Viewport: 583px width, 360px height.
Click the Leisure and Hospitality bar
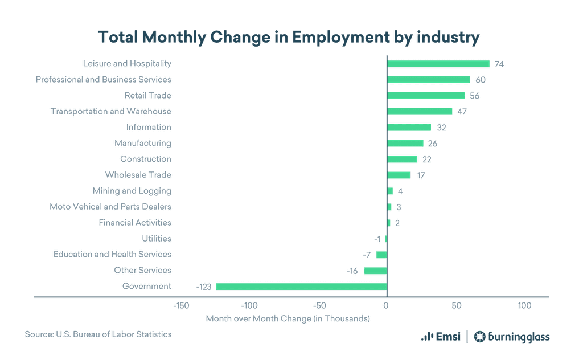pyautogui.click(x=438, y=64)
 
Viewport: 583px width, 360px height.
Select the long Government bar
pyautogui.click(x=301, y=287)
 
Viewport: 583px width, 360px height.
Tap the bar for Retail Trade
pyautogui.click(x=426, y=96)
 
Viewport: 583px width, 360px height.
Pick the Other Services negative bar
pyautogui.click(x=375, y=271)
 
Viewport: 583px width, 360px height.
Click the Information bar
pyautogui.click(x=409, y=128)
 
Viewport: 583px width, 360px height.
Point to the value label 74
pyautogui.click(x=499, y=64)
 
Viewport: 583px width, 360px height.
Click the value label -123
pyautogui.click(x=204, y=287)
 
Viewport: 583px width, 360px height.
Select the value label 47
pyautogui.click(x=462, y=112)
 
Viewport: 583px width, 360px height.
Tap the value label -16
pyautogui.click(x=352, y=271)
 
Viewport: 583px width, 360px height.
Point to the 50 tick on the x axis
pyautogui.click(x=456, y=306)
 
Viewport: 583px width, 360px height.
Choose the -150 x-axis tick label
pyautogui.click(x=180, y=306)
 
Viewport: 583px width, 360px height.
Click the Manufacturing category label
pyautogui.click(x=142, y=143)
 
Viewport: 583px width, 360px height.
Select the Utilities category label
pyautogui.click(x=157, y=238)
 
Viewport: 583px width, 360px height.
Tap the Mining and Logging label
pyautogui.click(x=132, y=191)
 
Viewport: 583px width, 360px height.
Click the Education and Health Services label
pyautogui.click(x=112, y=254)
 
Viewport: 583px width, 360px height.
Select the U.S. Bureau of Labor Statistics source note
pyautogui.click(x=98, y=334)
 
